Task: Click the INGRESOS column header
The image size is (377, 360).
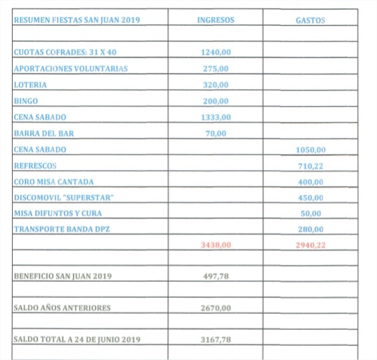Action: click(216, 20)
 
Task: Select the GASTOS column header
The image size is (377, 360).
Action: click(310, 20)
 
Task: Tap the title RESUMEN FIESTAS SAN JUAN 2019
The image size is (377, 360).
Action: click(77, 20)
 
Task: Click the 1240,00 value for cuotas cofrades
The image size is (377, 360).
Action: click(216, 52)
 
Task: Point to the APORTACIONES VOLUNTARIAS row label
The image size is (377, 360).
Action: click(71, 69)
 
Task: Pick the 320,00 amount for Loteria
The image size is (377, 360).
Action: click(216, 85)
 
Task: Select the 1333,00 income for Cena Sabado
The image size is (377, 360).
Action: click(216, 117)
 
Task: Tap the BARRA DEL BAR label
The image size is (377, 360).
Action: click(44, 133)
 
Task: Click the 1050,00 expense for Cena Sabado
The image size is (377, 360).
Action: click(310, 150)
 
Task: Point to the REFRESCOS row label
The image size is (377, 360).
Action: click(35, 166)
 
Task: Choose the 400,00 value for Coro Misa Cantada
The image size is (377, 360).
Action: click(310, 182)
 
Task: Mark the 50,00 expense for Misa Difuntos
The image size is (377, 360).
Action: click(311, 214)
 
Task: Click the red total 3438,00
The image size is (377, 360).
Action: click(216, 245)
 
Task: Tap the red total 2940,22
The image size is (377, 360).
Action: click(310, 245)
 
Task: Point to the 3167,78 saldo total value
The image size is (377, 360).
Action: click(216, 339)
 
